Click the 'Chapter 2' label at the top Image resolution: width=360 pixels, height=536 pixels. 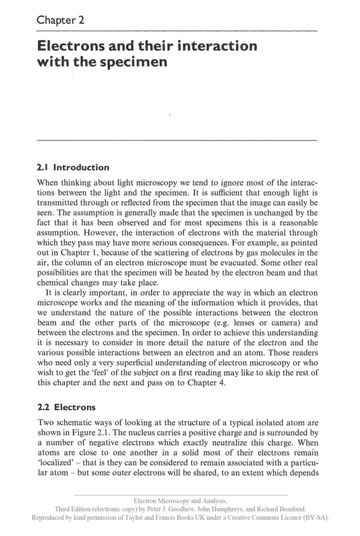[60, 20]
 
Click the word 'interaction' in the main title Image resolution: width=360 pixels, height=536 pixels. [209, 46]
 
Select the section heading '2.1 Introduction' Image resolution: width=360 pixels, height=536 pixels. [73, 168]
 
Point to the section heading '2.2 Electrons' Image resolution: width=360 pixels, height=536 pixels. [66, 407]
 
